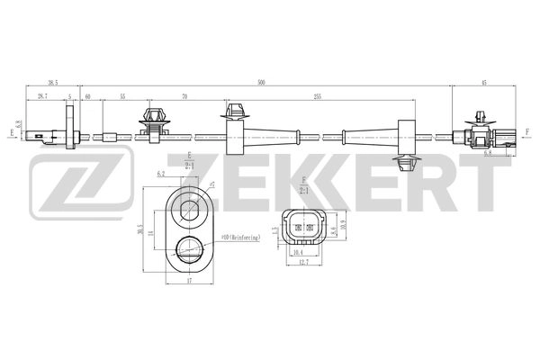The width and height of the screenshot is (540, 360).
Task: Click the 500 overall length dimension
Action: pyautogui.click(x=261, y=82)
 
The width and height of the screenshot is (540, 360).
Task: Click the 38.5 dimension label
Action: pyautogui.click(x=51, y=82)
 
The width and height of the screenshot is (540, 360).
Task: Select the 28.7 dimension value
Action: pyautogui.click(x=42, y=94)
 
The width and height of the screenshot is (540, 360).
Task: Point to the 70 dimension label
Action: pyautogui.click(x=184, y=94)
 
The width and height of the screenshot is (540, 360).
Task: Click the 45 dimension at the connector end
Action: pyautogui.click(x=483, y=82)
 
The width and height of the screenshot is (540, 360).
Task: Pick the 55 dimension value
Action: pyautogui.click(x=122, y=94)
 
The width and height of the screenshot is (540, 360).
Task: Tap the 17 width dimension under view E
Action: pyautogui.click(x=188, y=283)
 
